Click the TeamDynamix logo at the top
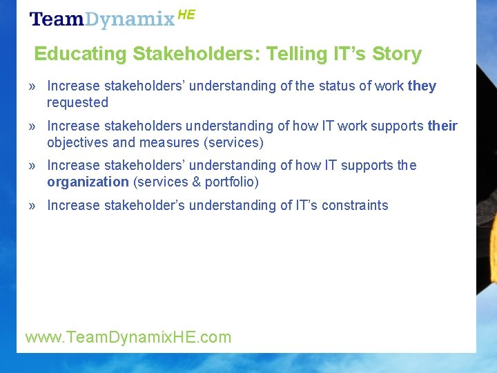102,19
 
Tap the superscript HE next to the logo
186,15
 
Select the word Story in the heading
396,54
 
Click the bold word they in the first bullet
422,86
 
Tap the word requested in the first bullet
77,103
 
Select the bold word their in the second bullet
442,126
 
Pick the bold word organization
88,182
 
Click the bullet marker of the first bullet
32,86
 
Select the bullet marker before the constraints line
32,205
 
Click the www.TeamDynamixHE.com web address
128,337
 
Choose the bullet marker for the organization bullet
32,166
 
